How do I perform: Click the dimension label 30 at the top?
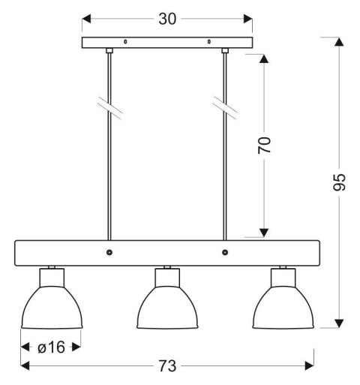pyautogui.click(x=168, y=19)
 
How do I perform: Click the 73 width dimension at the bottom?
pyautogui.click(x=167, y=365)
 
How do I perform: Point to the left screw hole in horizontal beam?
pyautogui.click(x=109, y=253)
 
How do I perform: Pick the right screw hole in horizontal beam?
pyautogui.click(x=224, y=253)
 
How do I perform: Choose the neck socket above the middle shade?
pyautogui.click(x=167, y=277)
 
